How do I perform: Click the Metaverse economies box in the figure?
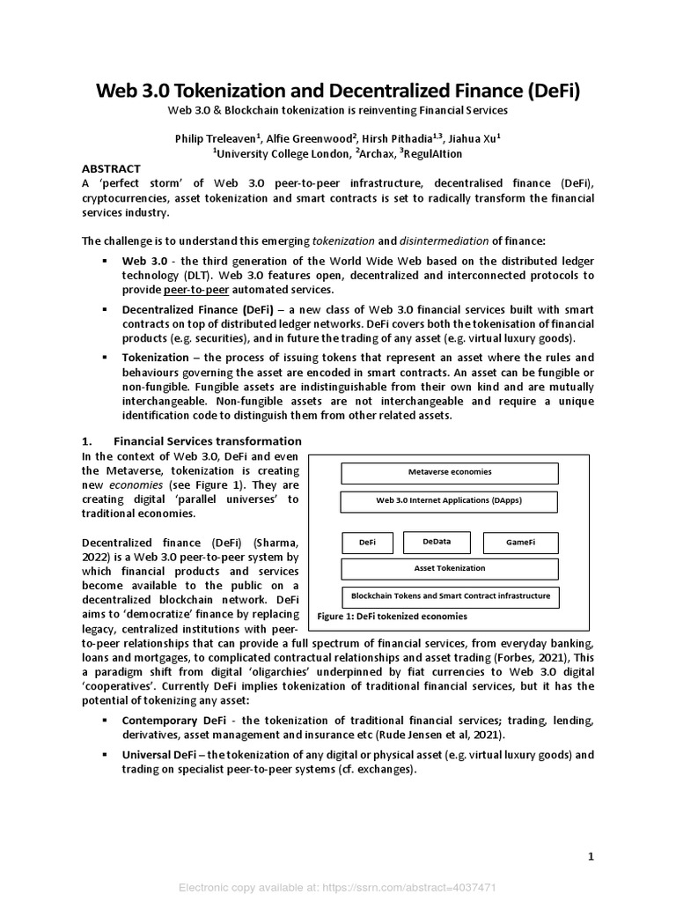click(x=449, y=472)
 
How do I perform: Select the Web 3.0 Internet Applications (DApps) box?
click(x=449, y=501)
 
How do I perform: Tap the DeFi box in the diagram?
click(x=367, y=543)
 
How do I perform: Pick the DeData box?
click(x=437, y=543)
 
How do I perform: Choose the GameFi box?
click(x=520, y=543)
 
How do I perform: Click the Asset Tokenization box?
click(x=449, y=569)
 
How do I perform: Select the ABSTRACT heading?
click(x=111, y=167)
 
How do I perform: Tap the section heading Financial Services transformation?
click(x=208, y=440)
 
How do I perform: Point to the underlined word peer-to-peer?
click(x=193, y=289)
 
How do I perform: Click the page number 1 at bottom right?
click(x=591, y=856)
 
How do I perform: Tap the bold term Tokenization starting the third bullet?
click(x=156, y=358)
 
